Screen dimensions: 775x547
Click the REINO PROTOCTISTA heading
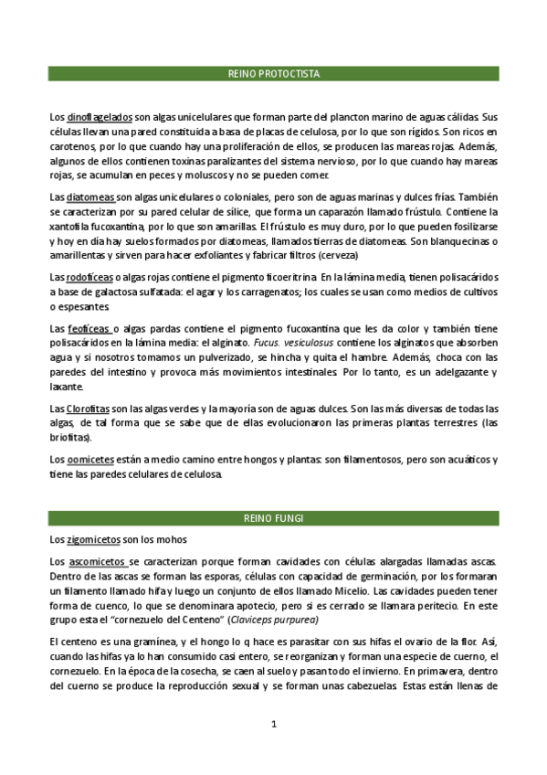[x=273, y=74]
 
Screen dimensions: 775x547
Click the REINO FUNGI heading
[x=273, y=518]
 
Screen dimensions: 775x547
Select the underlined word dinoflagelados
[x=100, y=117]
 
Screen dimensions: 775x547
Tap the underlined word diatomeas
[x=90, y=197]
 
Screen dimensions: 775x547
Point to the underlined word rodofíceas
[x=90, y=277]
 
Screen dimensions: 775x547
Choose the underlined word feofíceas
[x=89, y=327]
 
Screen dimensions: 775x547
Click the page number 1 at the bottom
[x=273, y=725]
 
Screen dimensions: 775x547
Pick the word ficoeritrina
[x=286, y=277]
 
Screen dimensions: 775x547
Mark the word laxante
[x=68, y=386]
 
